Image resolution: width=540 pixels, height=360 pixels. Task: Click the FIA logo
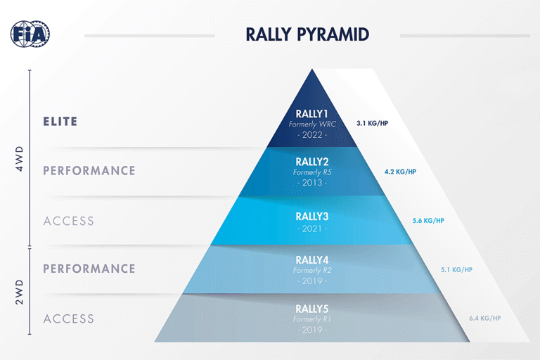pyautogui.click(x=30, y=33)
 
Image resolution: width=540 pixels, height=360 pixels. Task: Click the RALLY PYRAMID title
pyautogui.click(x=307, y=34)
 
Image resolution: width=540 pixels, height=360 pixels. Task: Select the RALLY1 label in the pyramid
pyautogui.click(x=312, y=114)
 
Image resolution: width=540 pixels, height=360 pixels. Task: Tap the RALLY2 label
pyautogui.click(x=312, y=161)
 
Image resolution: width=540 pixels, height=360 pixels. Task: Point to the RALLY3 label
pyautogui.click(x=312, y=217)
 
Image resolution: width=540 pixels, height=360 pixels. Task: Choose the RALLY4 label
pyautogui.click(x=312, y=260)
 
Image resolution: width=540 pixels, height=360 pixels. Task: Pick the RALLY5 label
pyautogui.click(x=312, y=309)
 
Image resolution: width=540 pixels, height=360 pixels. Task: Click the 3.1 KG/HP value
pyautogui.click(x=372, y=123)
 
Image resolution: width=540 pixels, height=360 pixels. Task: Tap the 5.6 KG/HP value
pyautogui.click(x=428, y=220)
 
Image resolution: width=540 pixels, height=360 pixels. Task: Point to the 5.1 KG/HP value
pyautogui.click(x=456, y=269)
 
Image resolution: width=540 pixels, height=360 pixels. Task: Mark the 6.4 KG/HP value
pyautogui.click(x=484, y=319)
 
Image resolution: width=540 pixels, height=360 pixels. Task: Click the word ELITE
pyautogui.click(x=60, y=122)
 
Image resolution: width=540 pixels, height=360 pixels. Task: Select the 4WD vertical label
pyautogui.click(x=20, y=158)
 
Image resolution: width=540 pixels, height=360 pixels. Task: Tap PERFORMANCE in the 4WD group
pyautogui.click(x=89, y=171)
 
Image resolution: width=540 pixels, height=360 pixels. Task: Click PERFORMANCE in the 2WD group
pyautogui.click(x=89, y=269)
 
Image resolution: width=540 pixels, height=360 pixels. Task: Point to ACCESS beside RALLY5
pyautogui.click(x=69, y=319)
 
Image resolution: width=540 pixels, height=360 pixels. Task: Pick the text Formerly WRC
pyautogui.click(x=312, y=124)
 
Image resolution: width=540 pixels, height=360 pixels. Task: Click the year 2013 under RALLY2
pyautogui.click(x=312, y=183)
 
